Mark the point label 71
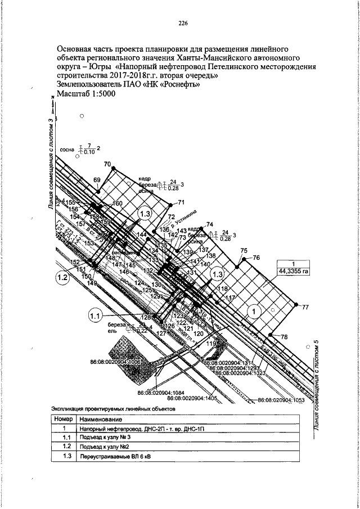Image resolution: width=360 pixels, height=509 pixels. (181, 202)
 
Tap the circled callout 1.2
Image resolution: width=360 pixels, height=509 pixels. (62, 276)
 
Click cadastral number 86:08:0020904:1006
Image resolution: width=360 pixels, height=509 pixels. (115, 362)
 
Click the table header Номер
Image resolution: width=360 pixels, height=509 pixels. (65, 419)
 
